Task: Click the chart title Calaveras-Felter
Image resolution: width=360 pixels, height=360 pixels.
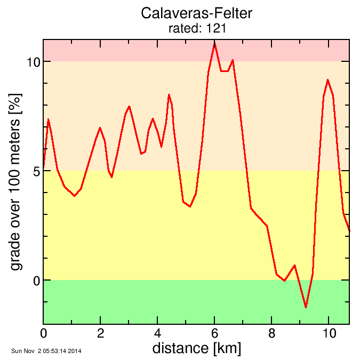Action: [196, 13]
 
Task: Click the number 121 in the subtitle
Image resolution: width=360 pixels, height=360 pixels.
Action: [217, 29]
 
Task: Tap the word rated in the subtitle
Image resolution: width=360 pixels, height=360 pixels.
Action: [183, 29]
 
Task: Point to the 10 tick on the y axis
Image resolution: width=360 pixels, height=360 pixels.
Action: [33, 62]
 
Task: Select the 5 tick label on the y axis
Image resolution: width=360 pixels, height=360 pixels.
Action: [36, 171]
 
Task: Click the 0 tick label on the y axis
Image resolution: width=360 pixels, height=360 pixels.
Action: [36, 281]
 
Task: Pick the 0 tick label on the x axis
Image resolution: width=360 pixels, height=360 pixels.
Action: [43, 333]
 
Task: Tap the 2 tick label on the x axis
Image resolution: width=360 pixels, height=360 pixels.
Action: [100, 333]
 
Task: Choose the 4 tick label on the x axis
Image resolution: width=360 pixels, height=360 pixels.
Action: [157, 333]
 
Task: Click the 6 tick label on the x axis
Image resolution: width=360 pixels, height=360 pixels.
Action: [214, 333]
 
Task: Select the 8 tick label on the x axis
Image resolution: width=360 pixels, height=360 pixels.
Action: [271, 333]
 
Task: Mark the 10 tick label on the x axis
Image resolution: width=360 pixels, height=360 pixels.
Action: [329, 333]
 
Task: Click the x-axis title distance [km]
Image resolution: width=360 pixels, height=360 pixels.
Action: [196, 348]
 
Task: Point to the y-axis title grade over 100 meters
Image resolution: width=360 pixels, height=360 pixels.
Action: [16, 181]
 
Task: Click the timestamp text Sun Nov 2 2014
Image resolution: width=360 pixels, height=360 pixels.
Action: [46, 351]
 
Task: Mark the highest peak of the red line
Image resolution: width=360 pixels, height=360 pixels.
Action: [214, 43]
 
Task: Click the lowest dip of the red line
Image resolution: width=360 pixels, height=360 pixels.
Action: [306, 307]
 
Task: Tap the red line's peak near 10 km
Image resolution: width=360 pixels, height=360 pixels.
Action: [327, 79]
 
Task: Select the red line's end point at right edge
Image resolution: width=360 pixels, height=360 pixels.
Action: [349, 231]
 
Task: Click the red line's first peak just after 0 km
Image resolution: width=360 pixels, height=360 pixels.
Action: [48, 119]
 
